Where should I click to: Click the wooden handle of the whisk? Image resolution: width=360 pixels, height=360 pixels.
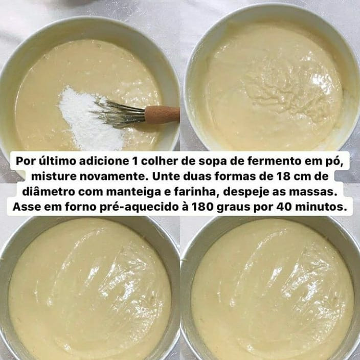(x=162, y=114)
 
